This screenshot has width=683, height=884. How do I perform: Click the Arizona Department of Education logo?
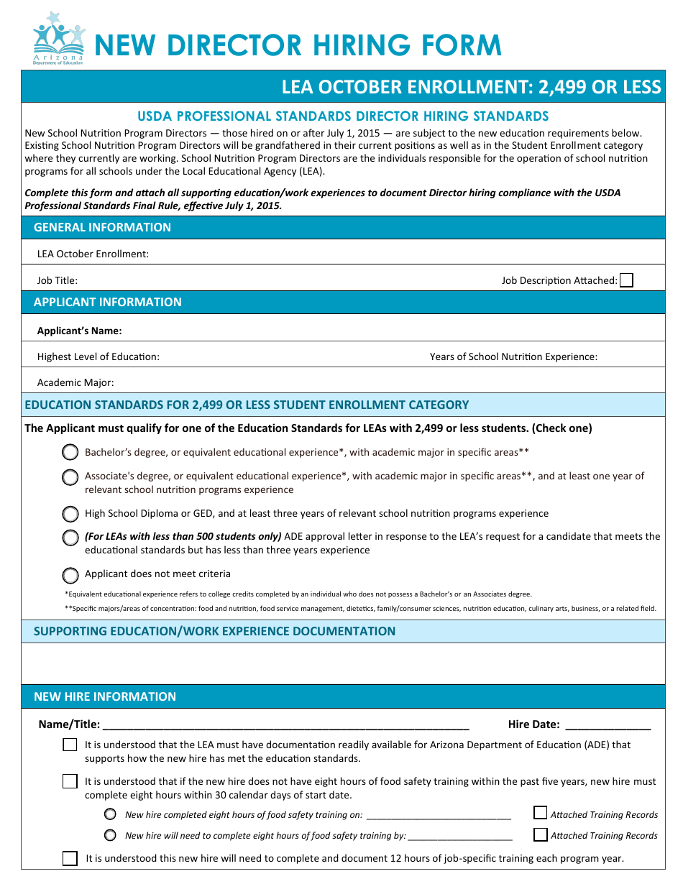[x=58, y=38]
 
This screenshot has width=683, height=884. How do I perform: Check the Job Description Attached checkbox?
[x=626, y=280]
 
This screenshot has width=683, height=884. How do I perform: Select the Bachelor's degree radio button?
[x=70, y=452]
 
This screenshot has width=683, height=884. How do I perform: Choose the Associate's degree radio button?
[x=70, y=476]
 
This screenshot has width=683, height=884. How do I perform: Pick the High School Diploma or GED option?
[x=70, y=514]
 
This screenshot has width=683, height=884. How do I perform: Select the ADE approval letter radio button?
[x=70, y=537]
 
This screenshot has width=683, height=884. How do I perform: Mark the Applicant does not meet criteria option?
[x=70, y=574]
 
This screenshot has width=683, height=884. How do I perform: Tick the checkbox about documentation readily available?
[x=70, y=745]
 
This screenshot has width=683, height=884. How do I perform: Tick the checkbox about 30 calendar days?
[x=70, y=781]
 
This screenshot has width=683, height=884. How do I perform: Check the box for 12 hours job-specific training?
[x=70, y=858]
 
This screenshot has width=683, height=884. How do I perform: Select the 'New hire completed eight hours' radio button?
[x=110, y=814]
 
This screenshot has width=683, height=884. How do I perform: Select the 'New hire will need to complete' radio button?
[x=110, y=835]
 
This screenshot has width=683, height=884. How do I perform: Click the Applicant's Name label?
[x=80, y=331]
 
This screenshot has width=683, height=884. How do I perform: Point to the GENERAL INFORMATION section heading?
[x=102, y=227]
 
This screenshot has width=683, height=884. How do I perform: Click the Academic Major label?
[x=75, y=382]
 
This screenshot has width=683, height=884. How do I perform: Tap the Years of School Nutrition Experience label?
[x=513, y=356]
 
